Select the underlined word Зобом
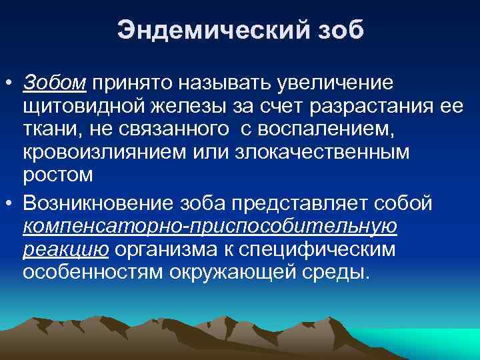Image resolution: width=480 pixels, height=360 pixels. coord(54,83)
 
